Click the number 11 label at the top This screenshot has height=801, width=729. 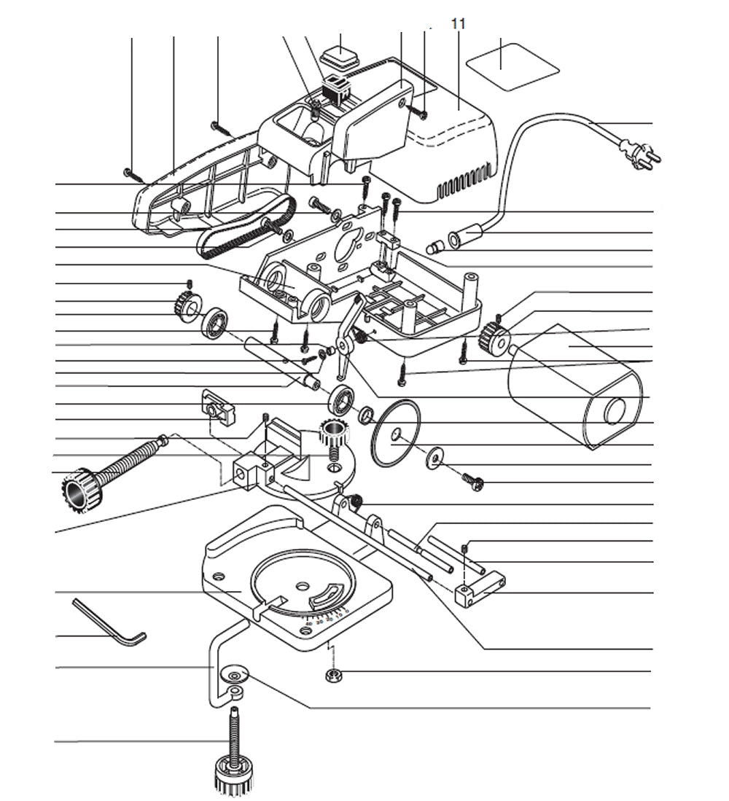click(458, 24)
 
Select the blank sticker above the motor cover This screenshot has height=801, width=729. click(512, 66)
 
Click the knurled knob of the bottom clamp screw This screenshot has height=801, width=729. click(233, 777)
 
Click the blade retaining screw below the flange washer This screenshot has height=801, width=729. click(472, 480)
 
